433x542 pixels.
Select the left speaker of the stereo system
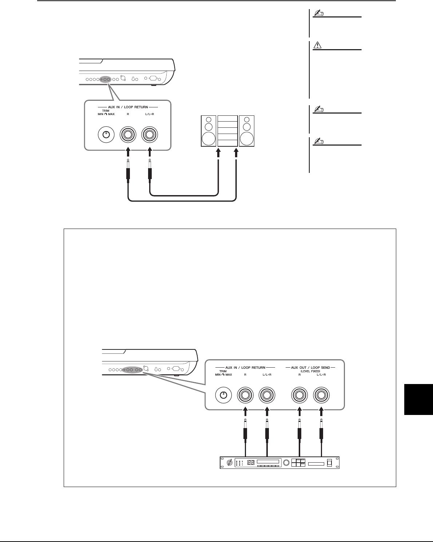(208, 131)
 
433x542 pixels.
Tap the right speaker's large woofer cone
(247, 139)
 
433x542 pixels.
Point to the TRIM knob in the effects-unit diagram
(223, 395)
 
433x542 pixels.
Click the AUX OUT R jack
(299, 395)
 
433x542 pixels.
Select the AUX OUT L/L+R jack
(321, 395)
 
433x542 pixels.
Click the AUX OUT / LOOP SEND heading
(310, 368)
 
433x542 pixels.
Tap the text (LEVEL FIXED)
(310, 371)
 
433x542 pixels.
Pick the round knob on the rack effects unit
(286, 463)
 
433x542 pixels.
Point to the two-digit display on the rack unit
(251, 463)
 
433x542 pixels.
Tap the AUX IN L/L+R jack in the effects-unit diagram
(267, 395)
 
